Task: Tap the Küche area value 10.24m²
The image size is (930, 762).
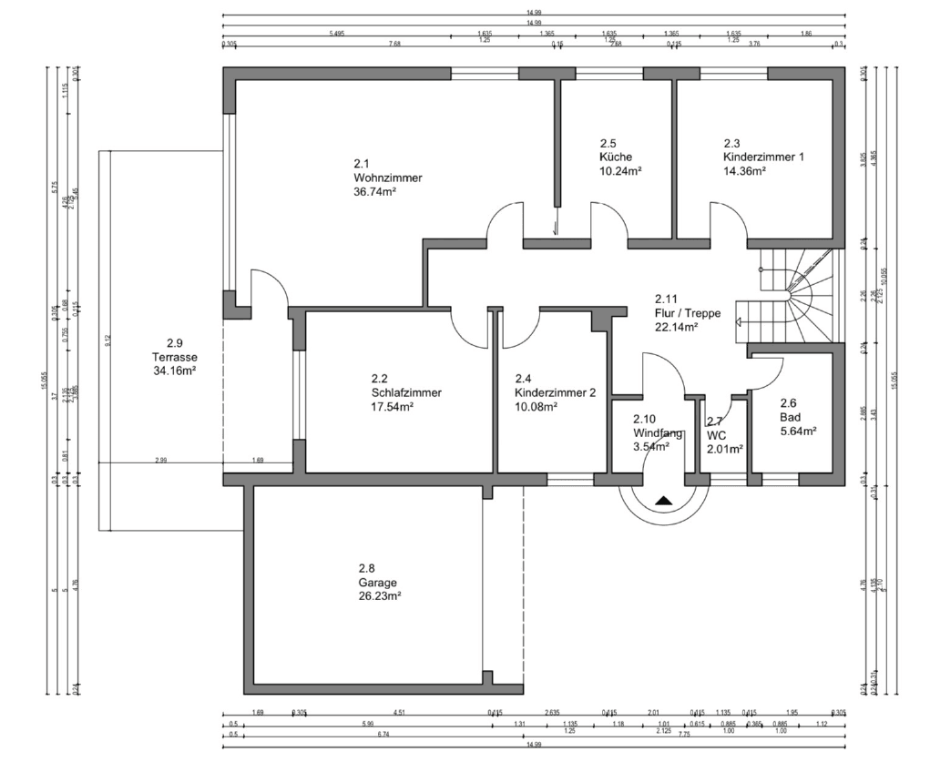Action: pos(621,170)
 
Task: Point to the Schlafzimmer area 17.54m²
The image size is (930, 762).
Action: pos(393,407)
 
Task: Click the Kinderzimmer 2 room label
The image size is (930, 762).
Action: pos(555,393)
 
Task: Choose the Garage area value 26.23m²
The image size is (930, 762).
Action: pos(380,596)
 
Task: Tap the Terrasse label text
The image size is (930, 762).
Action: pos(176,357)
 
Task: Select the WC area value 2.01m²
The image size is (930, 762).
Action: pos(724,449)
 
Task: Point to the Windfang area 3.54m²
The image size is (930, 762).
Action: pos(651,446)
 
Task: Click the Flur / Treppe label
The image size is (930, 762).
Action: pos(688,313)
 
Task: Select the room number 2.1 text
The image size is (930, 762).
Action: pos(362,164)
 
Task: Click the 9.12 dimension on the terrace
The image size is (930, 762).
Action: pos(107,340)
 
